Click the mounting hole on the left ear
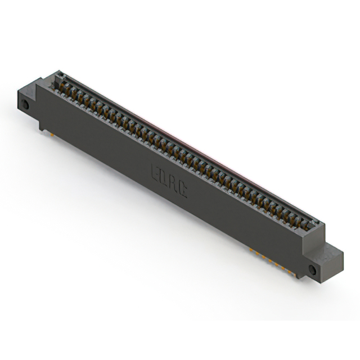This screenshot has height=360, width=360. [x=25, y=105]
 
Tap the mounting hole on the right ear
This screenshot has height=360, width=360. [x=313, y=271]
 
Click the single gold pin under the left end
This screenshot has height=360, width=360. [x=48, y=134]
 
